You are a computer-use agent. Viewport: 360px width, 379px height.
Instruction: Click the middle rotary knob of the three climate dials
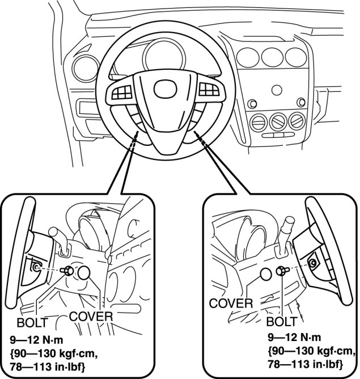click(278, 120)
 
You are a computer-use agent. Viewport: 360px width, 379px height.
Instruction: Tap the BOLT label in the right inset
click(281, 321)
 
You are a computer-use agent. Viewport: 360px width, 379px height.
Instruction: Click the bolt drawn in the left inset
click(66, 271)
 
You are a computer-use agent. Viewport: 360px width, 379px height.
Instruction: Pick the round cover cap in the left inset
click(85, 273)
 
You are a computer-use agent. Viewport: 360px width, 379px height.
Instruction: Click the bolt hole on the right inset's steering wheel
click(312, 263)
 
